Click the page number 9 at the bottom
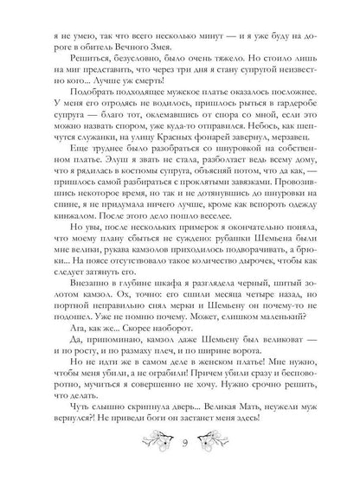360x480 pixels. pyautogui.click(x=180, y=450)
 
